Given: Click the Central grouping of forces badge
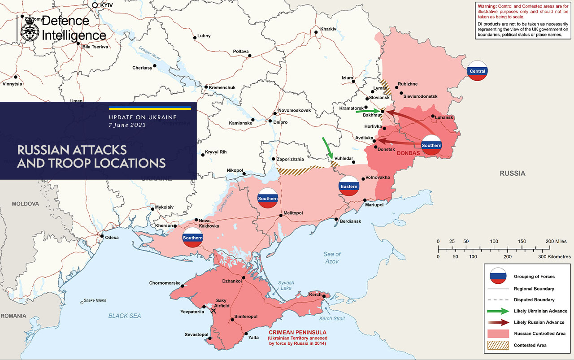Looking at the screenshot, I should tap(477, 71).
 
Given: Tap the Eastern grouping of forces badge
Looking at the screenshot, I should tap(349, 186).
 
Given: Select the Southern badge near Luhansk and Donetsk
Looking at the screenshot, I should tap(431, 145).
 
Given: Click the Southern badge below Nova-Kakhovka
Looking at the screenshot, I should tap(192, 238).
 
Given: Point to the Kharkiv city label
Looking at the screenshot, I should tap(328, 29).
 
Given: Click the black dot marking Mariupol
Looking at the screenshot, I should tap(365, 200).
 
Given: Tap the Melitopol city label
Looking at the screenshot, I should tap(293, 213).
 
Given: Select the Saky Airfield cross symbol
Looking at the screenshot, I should tap(213, 310).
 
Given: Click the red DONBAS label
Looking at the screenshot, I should tap(408, 153).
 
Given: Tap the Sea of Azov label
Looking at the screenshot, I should tap(332, 258).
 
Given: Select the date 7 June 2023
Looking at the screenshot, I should tap(127, 125).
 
